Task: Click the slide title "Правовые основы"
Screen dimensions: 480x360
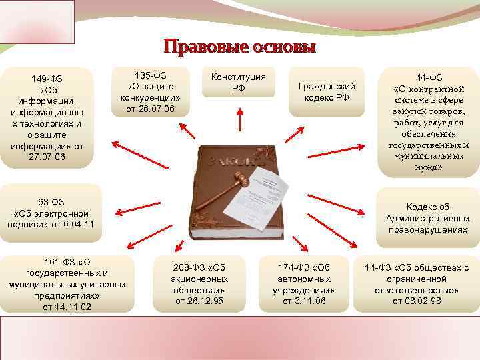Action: [x=239, y=48]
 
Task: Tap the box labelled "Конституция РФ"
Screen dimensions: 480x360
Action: [x=238, y=83]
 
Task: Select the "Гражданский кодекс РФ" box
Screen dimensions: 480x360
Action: [x=323, y=91]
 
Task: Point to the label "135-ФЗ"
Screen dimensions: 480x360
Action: [x=151, y=75]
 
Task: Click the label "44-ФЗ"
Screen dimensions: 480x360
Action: [x=432, y=77]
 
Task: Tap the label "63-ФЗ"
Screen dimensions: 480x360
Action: [x=51, y=201]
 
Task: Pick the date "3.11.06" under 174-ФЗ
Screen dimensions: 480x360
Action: [x=305, y=301]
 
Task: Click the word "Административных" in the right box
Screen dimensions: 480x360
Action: [x=427, y=218]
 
